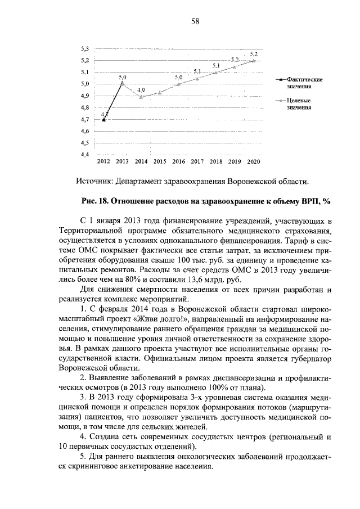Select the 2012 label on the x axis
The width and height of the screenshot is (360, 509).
(x=103, y=161)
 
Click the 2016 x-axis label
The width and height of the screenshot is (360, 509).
(x=178, y=161)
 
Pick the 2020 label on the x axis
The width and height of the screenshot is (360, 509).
(x=253, y=161)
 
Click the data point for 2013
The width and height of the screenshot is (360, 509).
(x=123, y=83)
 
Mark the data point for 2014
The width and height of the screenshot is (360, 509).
(x=141, y=96)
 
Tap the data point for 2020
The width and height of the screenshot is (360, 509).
(x=254, y=61)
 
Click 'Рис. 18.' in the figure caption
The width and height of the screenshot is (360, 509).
(x=96, y=201)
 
